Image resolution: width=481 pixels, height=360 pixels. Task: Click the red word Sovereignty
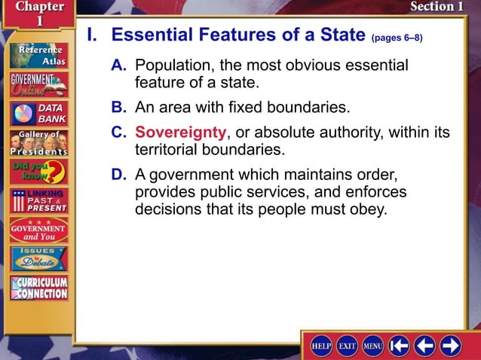181,133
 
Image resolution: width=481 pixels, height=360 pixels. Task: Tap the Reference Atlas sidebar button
38,56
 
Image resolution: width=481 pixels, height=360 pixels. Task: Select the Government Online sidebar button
38,84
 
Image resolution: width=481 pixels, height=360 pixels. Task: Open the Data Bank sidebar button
38,114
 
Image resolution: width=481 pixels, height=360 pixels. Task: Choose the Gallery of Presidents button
38,142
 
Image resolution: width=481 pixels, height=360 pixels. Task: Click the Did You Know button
38,171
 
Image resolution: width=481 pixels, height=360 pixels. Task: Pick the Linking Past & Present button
38,200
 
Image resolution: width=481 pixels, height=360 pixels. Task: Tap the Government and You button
38,230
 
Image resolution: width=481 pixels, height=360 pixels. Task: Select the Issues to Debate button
38,258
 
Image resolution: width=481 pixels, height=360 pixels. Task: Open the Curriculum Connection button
38,288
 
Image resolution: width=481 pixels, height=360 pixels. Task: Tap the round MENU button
373,345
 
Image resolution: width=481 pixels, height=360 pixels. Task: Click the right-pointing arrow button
451,345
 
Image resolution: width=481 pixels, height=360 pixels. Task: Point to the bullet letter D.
118,174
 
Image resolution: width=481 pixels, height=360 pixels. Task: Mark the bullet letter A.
118,66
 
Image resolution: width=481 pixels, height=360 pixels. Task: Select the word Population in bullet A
173,66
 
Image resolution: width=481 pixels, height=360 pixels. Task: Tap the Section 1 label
437,7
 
